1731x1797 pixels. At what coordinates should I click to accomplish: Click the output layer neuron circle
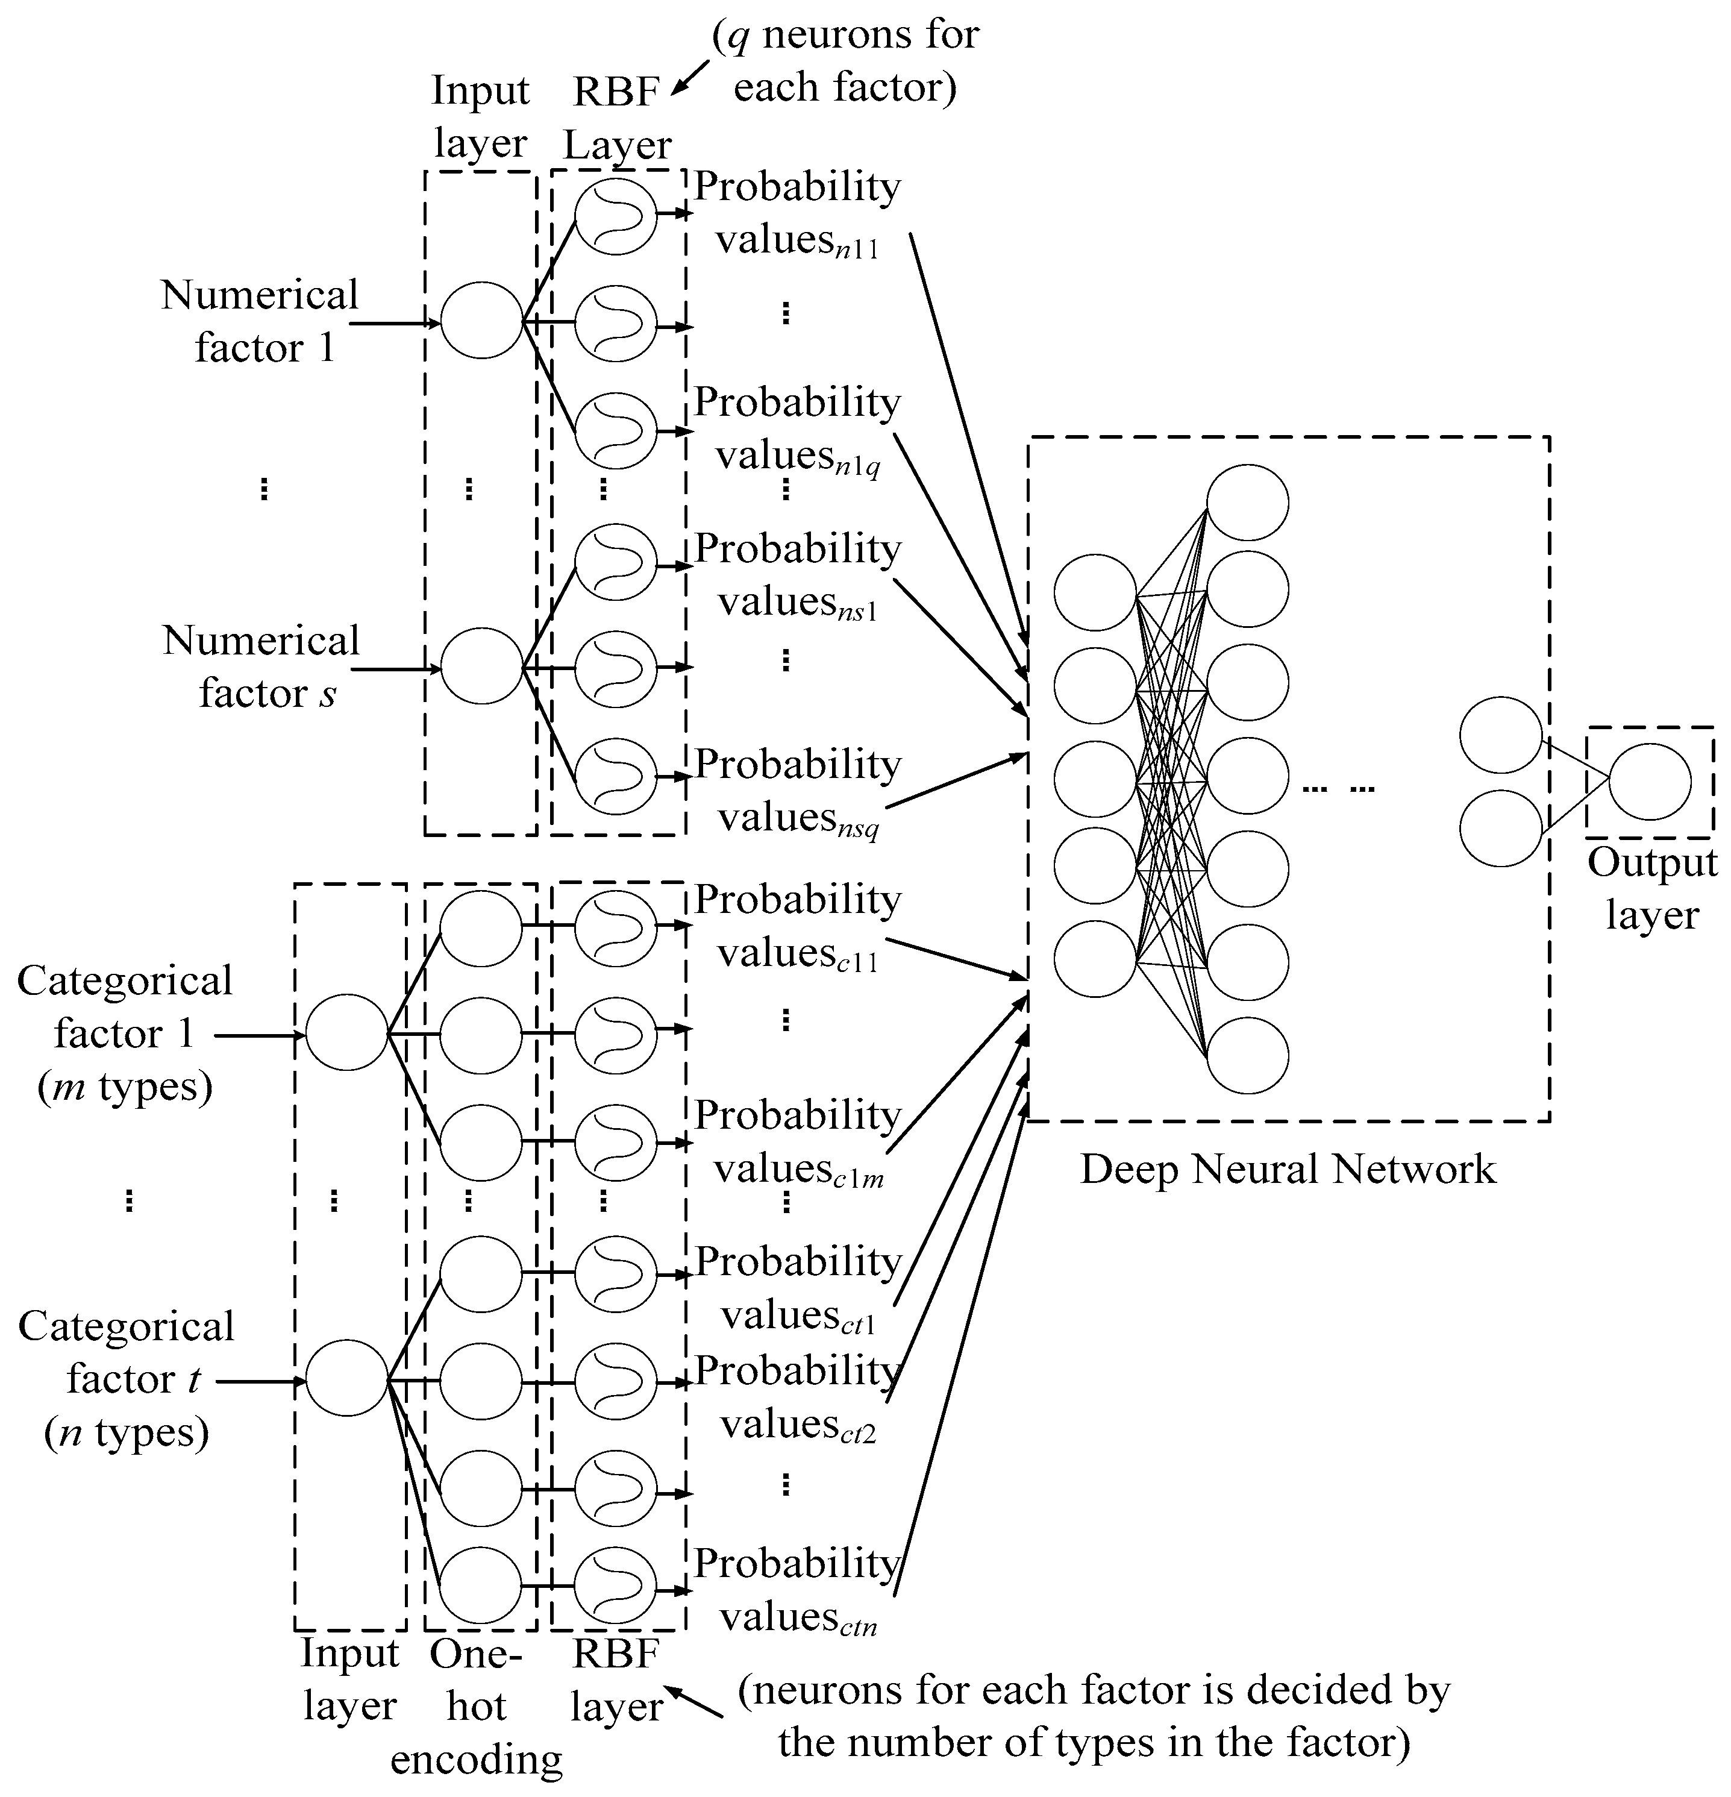(1650, 782)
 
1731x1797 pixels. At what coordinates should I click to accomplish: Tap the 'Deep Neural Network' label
(1287, 1169)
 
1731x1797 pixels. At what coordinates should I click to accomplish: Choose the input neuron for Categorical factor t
(346, 1378)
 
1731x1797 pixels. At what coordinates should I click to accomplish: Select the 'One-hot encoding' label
(476, 1706)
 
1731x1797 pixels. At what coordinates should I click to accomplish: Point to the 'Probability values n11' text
(797, 213)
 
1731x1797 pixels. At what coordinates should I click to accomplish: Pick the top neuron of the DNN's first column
(1095, 592)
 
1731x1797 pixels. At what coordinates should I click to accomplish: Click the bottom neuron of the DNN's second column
(1247, 1055)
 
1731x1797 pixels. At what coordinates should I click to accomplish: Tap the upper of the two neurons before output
(1501, 735)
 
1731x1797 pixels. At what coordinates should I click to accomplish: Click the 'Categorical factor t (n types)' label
(127, 1379)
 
